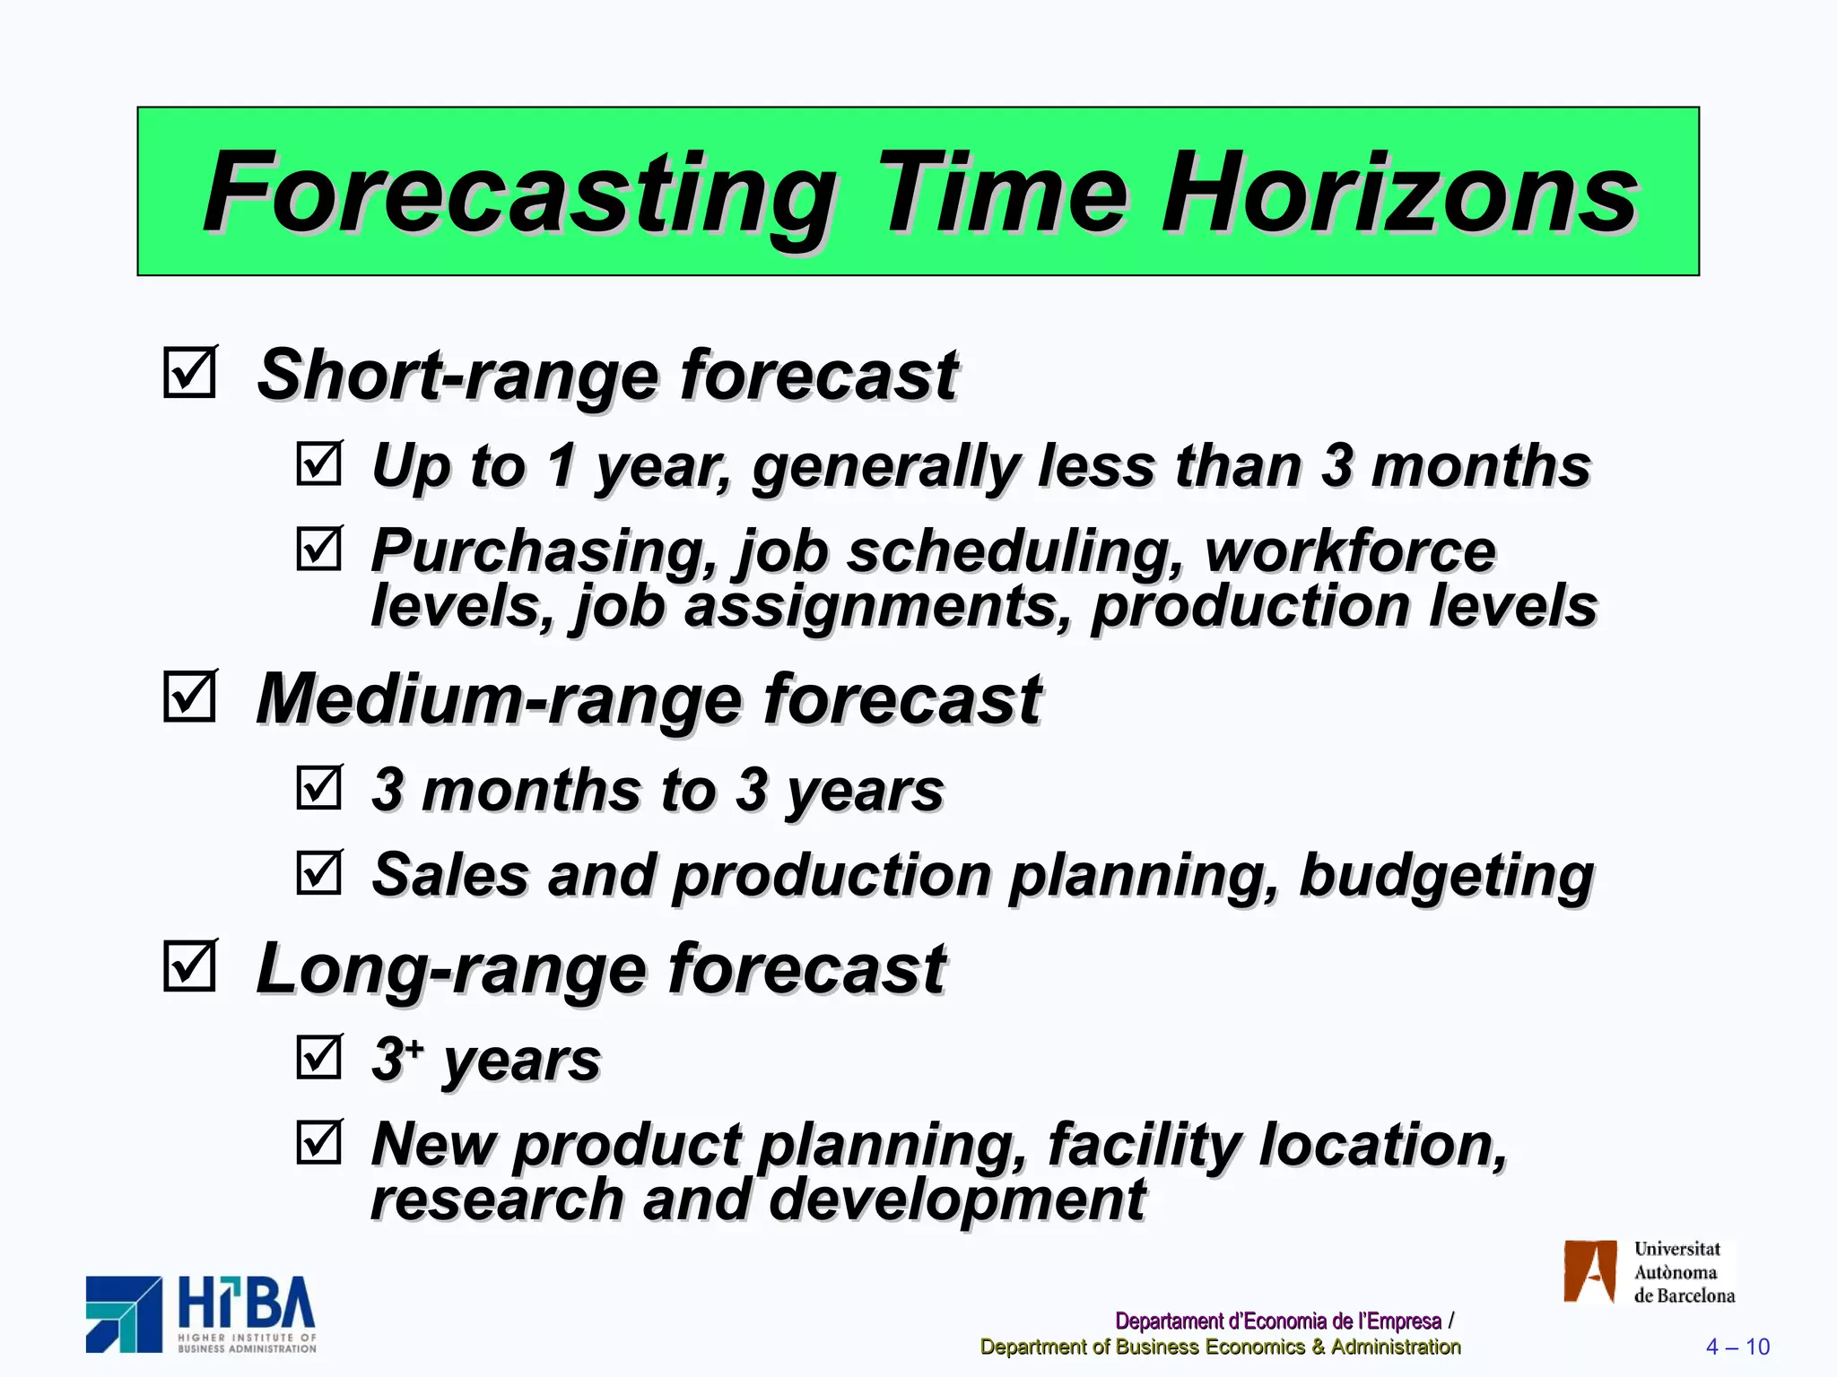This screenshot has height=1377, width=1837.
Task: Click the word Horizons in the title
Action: [x=1399, y=193]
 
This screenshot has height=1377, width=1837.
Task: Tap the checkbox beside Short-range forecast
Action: [x=189, y=372]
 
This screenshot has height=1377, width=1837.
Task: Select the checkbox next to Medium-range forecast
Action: [x=189, y=697]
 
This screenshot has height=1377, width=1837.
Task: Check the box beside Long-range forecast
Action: [x=189, y=966]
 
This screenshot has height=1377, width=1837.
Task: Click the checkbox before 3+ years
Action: [x=318, y=1057]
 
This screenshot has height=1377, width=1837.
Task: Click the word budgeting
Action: [x=1446, y=875]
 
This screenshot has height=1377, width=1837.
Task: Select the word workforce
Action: [x=1350, y=550]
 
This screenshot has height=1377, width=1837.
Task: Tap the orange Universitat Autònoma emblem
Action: [x=1589, y=1271]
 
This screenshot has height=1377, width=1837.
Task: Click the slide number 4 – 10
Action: [x=1737, y=1347]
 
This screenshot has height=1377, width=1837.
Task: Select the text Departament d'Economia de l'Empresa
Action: [x=1277, y=1321]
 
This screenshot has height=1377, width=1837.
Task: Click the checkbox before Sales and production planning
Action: [x=318, y=873]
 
